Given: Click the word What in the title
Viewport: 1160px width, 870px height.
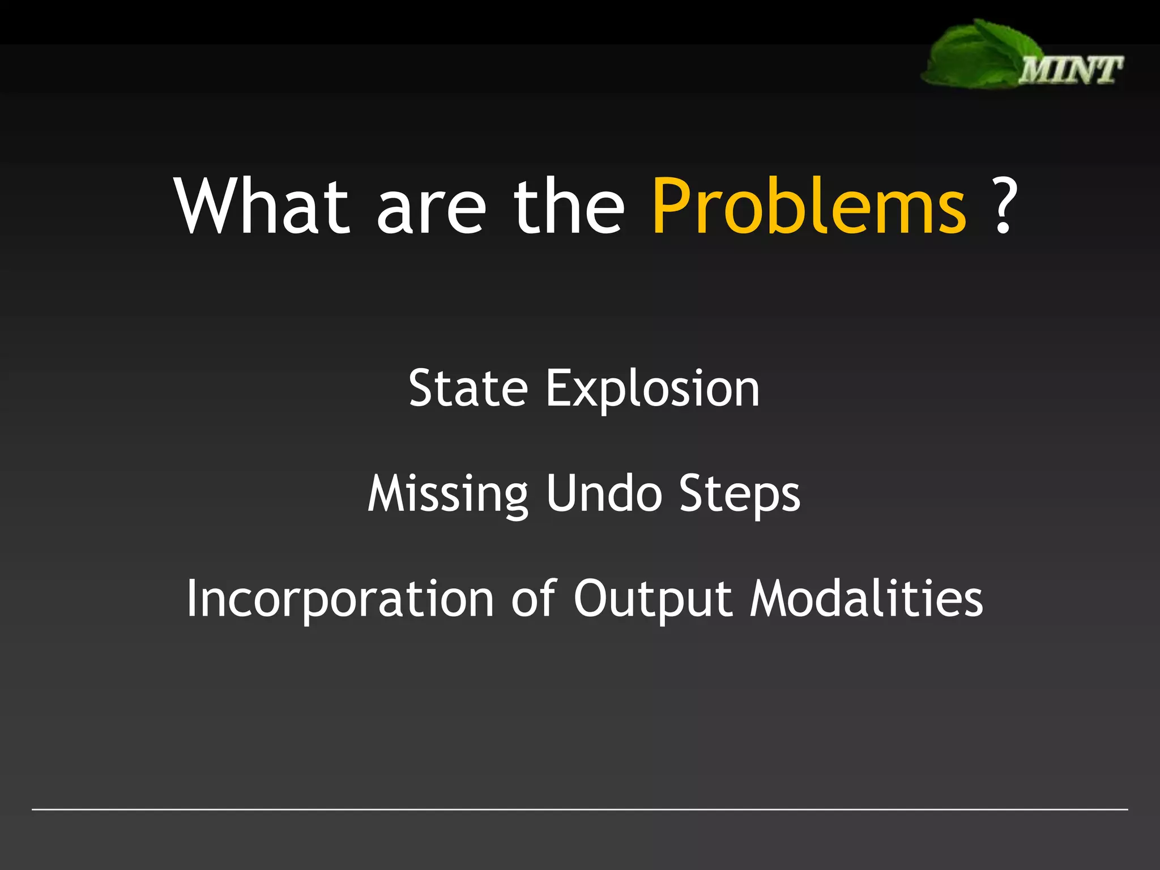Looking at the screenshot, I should (262, 206).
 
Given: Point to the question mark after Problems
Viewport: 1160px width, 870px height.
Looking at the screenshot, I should (1004, 206).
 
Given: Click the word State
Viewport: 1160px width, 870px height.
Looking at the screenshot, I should (468, 389).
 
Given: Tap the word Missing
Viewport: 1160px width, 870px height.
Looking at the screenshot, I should (448, 495).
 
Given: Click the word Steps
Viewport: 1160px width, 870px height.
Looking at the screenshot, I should (740, 495).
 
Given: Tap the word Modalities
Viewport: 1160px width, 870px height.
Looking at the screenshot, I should (866, 599).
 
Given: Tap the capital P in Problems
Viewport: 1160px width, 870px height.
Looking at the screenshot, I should (672, 206).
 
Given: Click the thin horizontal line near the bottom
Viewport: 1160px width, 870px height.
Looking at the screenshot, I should (580, 809).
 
